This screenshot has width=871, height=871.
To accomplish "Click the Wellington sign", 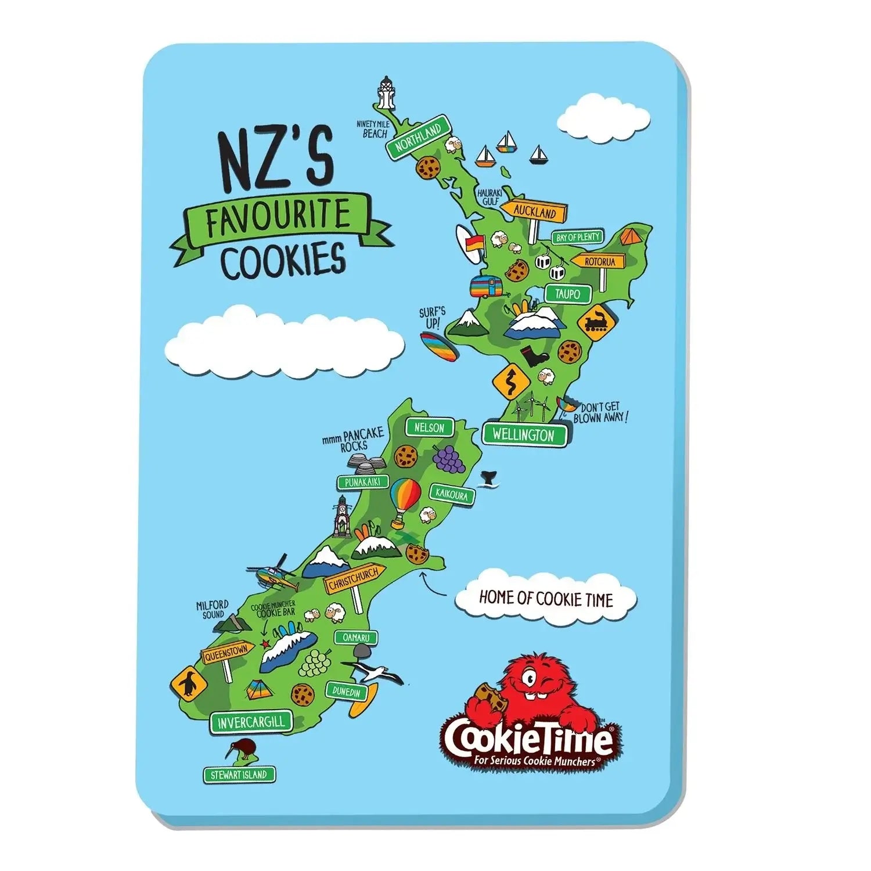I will click(x=523, y=434).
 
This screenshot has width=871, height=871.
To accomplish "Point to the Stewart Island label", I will click(x=239, y=775).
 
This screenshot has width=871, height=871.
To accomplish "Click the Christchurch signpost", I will click(x=352, y=579).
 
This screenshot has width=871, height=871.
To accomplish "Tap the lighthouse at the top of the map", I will click(x=384, y=93).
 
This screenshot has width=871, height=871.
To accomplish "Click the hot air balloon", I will click(x=405, y=501).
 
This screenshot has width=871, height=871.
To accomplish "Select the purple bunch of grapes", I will click(x=448, y=456).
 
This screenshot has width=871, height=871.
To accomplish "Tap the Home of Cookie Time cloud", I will click(x=545, y=598).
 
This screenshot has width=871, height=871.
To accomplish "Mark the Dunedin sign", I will click(x=347, y=692).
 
